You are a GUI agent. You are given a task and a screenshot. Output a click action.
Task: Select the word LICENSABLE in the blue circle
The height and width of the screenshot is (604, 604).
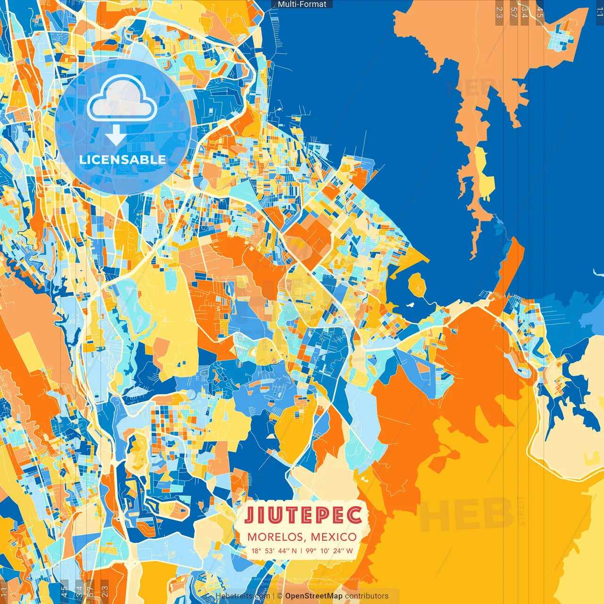(x=122, y=159)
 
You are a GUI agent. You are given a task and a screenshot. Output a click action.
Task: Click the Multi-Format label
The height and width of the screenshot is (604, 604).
(x=302, y=4)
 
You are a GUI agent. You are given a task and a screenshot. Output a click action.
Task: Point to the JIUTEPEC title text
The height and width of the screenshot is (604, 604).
(x=303, y=515)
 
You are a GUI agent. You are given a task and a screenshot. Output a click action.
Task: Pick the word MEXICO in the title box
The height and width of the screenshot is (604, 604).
(x=333, y=537)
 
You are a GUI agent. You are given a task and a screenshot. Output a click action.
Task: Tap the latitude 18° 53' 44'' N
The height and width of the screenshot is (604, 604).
(x=274, y=551)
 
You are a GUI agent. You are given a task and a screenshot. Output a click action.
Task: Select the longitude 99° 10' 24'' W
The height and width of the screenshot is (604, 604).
(x=329, y=551)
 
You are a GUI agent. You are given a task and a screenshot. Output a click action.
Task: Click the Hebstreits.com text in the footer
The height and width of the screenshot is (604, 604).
(x=243, y=596)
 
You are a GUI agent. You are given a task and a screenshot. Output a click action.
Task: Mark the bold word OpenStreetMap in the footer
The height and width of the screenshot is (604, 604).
(x=313, y=596)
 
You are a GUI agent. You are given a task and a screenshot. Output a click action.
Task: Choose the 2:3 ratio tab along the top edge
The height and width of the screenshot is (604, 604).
(x=499, y=12)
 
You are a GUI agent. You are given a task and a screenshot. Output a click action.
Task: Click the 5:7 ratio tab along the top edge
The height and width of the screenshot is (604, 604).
(x=513, y=12)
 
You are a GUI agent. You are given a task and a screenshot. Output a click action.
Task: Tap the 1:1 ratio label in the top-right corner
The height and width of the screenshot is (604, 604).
(x=599, y=12)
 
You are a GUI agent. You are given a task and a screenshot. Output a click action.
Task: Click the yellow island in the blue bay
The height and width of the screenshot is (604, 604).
(x=417, y=284)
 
